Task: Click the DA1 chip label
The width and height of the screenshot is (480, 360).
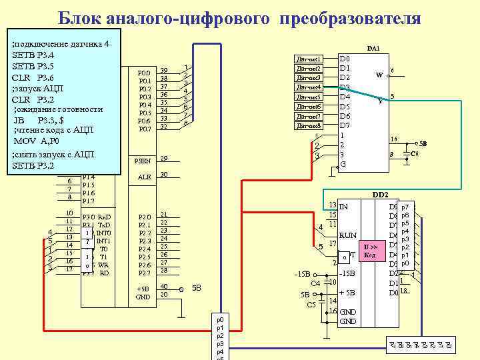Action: click(x=373, y=49)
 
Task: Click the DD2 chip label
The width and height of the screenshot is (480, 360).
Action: click(x=380, y=195)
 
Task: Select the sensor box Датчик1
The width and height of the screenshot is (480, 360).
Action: click(x=309, y=59)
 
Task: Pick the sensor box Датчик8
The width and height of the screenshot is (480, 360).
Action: click(x=309, y=125)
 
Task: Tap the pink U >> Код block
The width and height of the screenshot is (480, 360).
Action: click(x=371, y=251)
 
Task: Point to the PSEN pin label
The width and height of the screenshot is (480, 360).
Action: click(x=143, y=160)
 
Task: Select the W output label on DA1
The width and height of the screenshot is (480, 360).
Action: click(x=379, y=75)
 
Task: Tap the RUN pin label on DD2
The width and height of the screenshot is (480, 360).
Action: click(x=348, y=235)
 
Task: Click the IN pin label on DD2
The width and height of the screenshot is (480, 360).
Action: click(x=344, y=207)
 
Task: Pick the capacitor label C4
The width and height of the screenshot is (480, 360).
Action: click(x=316, y=283)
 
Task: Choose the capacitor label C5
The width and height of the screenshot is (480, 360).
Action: click(x=311, y=305)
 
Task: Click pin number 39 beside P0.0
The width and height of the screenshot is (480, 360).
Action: click(x=164, y=70)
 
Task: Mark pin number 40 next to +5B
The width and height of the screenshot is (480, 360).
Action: click(x=164, y=287)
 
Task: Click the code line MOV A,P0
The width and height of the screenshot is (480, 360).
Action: click(x=37, y=141)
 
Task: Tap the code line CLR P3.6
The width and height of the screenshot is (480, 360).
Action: click(x=33, y=77)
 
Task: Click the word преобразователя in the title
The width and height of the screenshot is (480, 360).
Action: click(x=351, y=18)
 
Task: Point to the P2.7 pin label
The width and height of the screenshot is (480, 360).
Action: click(x=144, y=273)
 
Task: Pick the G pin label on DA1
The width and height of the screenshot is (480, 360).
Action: click(x=343, y=164)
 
